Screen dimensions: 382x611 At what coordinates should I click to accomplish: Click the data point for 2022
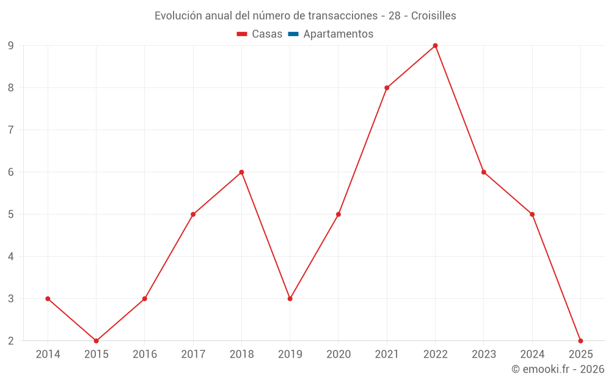coord(435,45)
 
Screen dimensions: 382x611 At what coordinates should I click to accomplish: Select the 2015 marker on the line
coord(96,341)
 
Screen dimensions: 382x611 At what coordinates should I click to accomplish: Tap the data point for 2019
coord(290,299)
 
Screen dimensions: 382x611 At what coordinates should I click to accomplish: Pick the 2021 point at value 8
coord(387,87)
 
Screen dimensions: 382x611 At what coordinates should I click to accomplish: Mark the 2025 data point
coord(580,341)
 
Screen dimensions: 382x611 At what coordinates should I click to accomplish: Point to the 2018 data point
coord(241,172)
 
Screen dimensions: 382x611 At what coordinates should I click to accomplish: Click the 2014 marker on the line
coord(48,299)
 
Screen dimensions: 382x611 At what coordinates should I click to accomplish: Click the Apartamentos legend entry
coord(338,34)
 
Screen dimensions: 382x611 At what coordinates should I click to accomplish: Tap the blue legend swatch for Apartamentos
coord(293,34)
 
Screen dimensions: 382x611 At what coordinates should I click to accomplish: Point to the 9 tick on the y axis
coord(11,45)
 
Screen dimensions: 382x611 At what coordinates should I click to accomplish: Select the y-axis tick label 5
coord(11,215)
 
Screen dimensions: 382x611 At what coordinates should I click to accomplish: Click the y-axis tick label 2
coord(11,341)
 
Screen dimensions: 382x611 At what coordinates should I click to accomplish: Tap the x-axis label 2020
coord(338,354)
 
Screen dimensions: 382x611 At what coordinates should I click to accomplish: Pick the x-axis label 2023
coord(484,354)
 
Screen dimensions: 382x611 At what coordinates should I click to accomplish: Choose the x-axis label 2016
coord(145,354)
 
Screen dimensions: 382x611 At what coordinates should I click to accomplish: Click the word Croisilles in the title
coord(433,16)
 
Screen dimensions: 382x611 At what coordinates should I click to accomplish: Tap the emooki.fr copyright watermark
coord(558,369)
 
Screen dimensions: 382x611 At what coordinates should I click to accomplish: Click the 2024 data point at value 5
coord(532,215)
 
